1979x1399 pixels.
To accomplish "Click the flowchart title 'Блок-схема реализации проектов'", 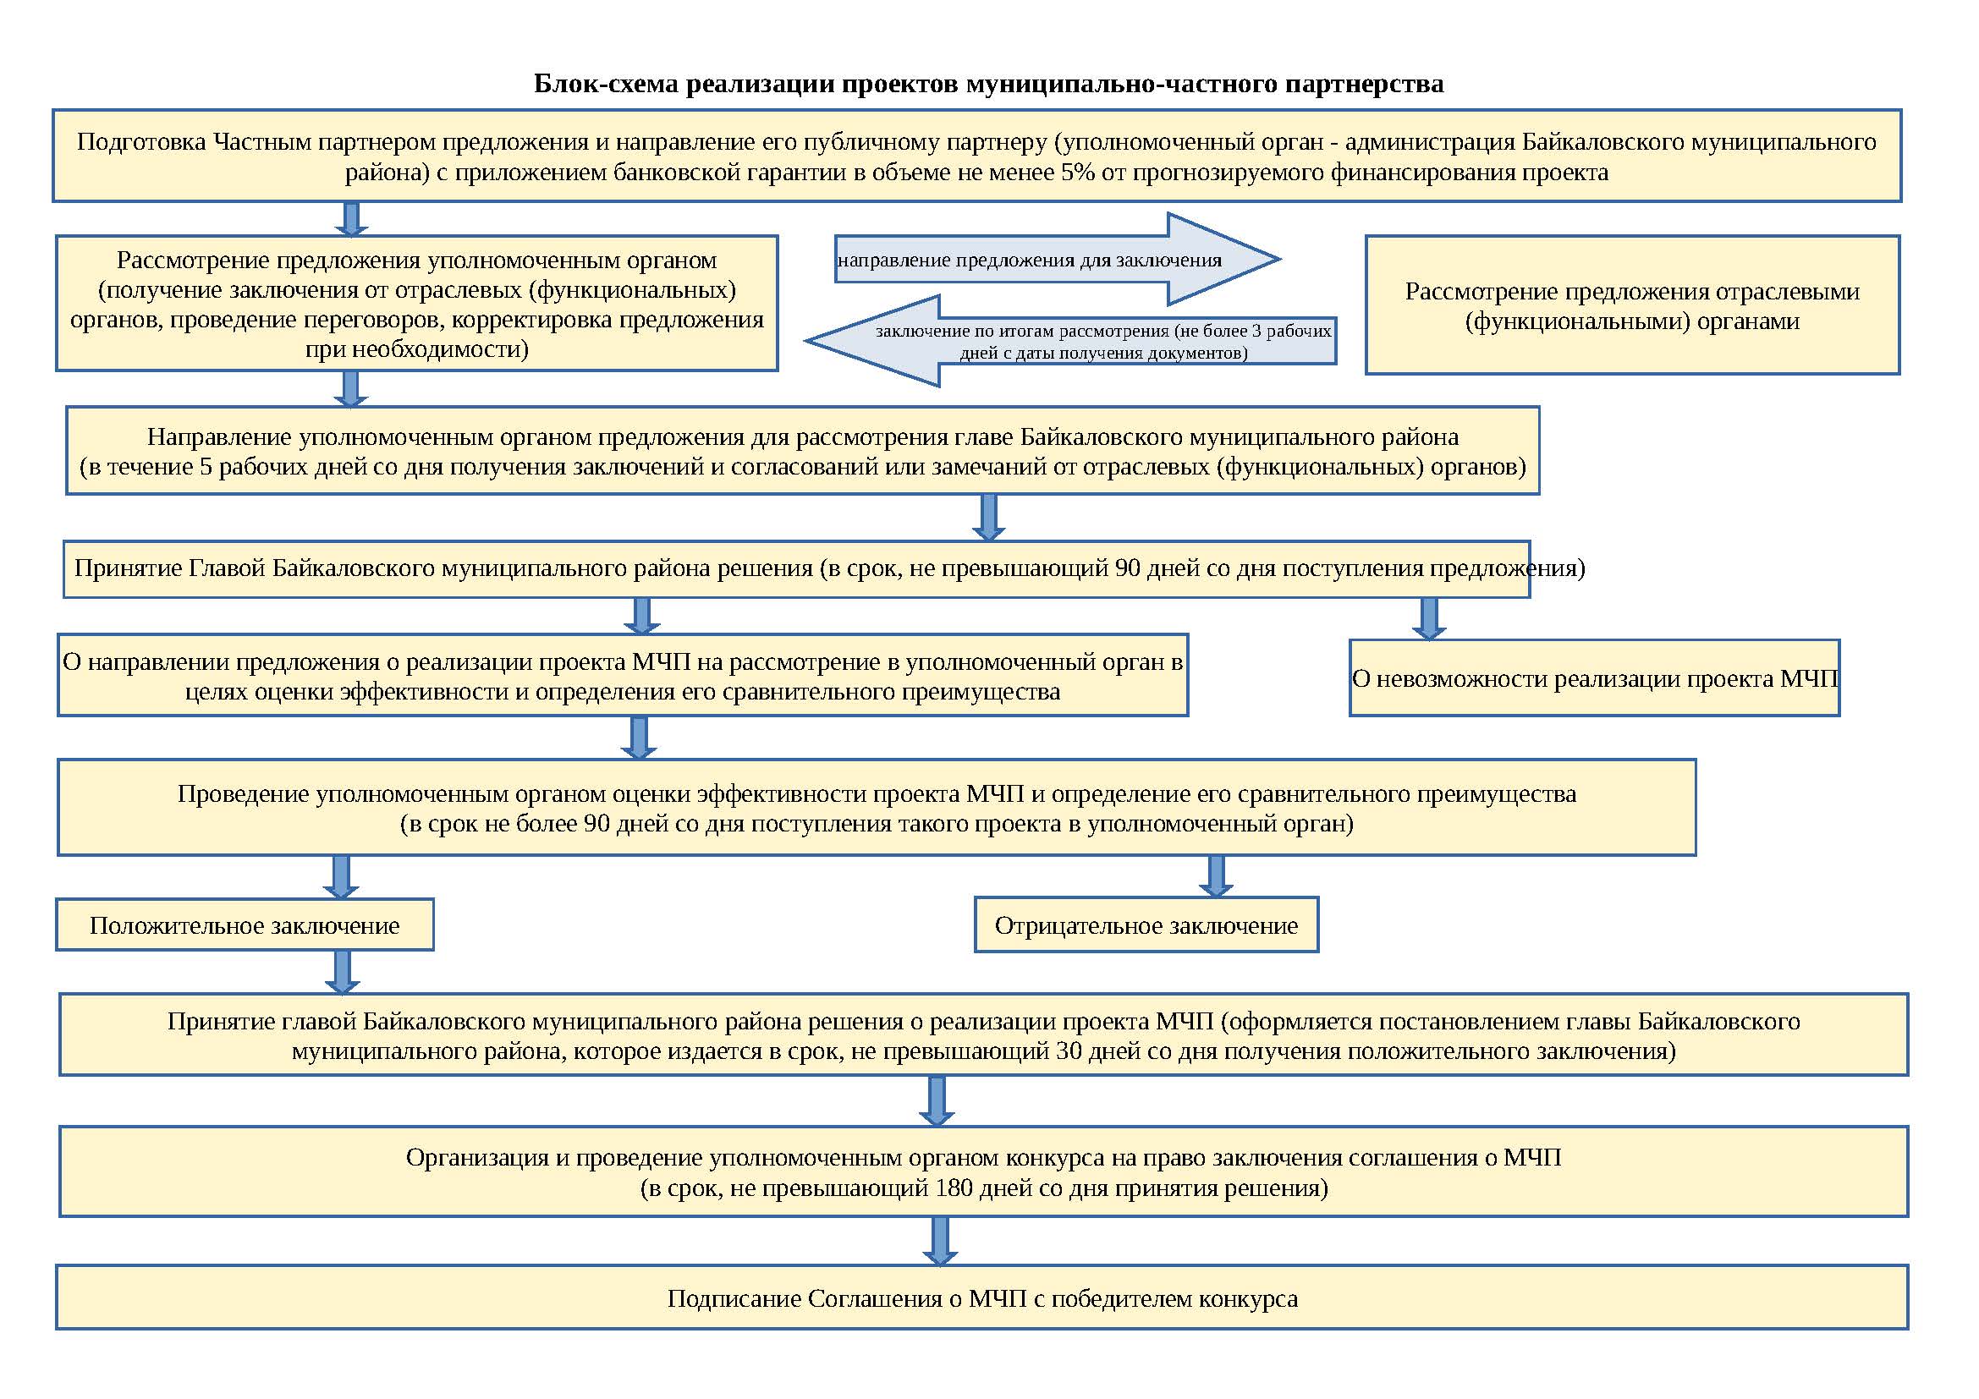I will [x=987, y=84].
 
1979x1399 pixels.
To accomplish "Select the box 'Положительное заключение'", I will [x=245, y=925].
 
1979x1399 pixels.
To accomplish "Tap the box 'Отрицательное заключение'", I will [x=1146, y=925].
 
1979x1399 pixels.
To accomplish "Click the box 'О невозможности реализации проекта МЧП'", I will [x=1594, y=678].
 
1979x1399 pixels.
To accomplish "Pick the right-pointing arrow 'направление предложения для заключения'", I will [x=1056, y=260].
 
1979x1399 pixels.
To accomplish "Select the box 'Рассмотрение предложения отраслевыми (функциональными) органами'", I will [x=1631, y=305].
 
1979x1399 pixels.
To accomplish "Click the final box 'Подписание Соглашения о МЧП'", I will [x=981, y=1298].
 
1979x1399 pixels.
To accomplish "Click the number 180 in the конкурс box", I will [x=955, y=1188].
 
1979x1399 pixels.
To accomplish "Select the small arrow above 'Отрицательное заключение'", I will [x=1215, y=876].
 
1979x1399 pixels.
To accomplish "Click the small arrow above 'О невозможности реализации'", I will [x=1428, y=618].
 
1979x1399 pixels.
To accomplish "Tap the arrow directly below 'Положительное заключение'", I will [x=342, y=972].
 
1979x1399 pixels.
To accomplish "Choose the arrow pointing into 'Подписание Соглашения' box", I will [x=939, y=1241].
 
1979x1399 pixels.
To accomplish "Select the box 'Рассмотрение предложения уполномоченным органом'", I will [x=417, y=304].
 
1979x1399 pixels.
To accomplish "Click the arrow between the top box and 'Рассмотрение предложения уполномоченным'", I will [x=351, y=219].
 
